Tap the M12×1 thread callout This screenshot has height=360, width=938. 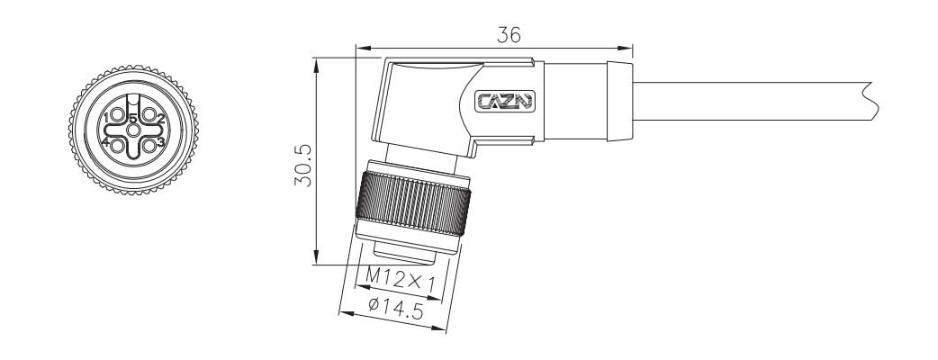[401, 280]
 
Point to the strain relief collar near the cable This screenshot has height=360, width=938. [618, 101]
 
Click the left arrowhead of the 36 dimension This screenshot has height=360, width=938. [360, 47]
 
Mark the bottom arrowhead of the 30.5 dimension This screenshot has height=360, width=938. [316, 260]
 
